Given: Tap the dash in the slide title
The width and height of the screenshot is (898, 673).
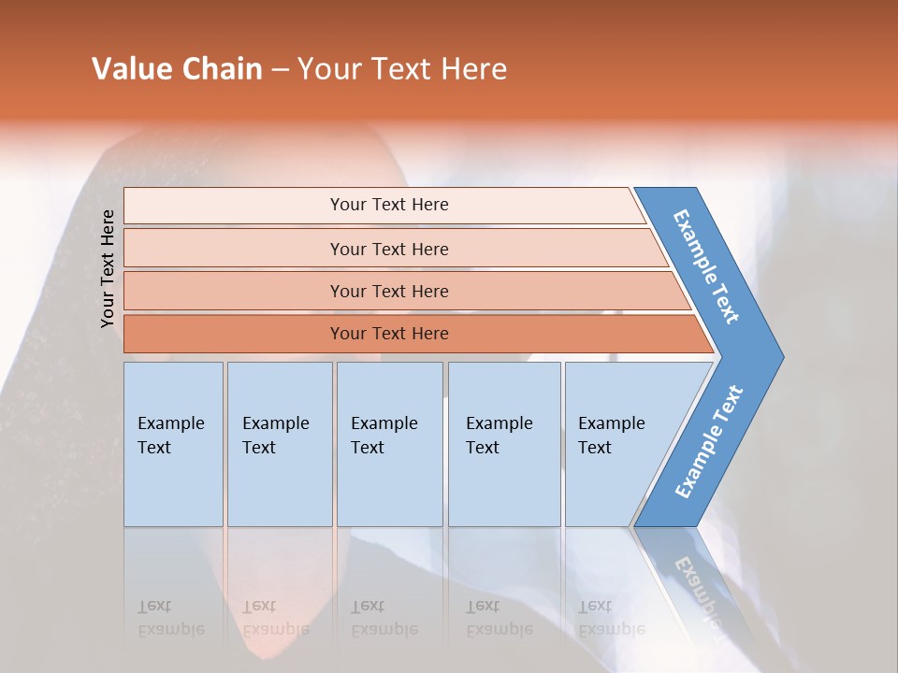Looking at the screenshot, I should pyautogui.click(x=280, y=70).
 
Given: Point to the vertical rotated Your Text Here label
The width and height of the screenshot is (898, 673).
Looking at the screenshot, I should pyautogui.click(x=108, y=268).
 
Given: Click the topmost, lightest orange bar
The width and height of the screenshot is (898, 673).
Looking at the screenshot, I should pyautogui.click(x=388, y=205).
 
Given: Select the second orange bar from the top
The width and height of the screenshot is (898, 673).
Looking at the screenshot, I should pyautogui.click(x=388, y=249).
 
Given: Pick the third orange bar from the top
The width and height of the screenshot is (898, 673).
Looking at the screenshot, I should pyautogui.click(x=388, y=291).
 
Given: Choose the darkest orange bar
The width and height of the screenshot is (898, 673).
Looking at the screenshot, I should pyautogui.click(x=388, y=334).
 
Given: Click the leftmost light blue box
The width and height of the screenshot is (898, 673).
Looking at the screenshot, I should pyautogui.click(x=173, y=444).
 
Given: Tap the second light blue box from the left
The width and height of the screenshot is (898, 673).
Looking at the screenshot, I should pyautogui.click(x=280, y=444).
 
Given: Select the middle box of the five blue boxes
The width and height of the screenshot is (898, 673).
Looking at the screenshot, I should pyautogui.click(x=389, y=444).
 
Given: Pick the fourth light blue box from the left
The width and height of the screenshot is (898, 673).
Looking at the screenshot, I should pyautogui.click(x=504, y=444).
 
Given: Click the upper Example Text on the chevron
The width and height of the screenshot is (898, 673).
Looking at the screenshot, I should pyautogui.click(x=706, y=266).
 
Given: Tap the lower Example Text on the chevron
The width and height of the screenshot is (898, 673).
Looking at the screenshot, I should pyautogui.click(x=709, y=441).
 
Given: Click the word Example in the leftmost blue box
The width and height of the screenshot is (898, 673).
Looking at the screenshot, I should pyautogui.click(x=170, y=423).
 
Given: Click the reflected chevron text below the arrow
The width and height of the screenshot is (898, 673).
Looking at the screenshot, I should pyautogui.click(x=697, y=589).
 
